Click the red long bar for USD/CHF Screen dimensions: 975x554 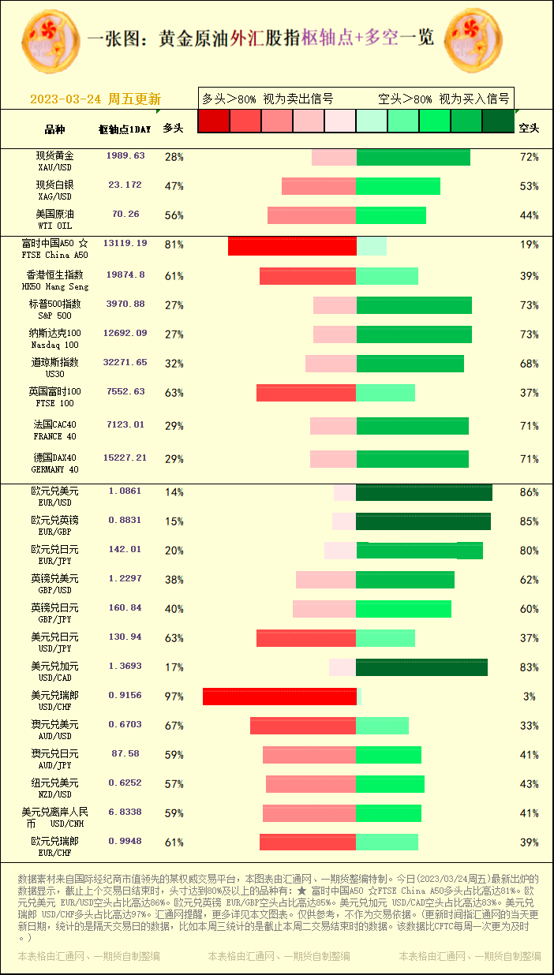(x=279, y=697)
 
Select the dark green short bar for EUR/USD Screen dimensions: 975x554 (x=424, y=492)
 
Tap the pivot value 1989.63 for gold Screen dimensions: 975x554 (x=125, y=156)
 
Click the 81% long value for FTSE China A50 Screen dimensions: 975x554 (x=174, y=245)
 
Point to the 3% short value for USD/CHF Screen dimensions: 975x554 (x=529, y=697)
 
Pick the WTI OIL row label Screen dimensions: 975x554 (x=55, y=219)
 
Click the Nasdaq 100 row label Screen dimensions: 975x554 (x=55, y=338)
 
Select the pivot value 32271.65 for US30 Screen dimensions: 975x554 (x=125, y=362)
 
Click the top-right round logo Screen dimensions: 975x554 (x=474, y=40)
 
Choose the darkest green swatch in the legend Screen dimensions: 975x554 (x=498, y=121)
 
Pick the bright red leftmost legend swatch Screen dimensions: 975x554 (x=213, y=121)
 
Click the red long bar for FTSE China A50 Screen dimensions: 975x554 (x=292, y=245)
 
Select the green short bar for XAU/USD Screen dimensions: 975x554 (x=413, y=157)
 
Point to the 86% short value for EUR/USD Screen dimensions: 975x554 (x=529, y=492)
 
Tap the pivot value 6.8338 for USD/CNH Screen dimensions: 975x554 (x=125, y=812)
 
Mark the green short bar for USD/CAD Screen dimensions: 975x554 (x=421, y=667)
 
